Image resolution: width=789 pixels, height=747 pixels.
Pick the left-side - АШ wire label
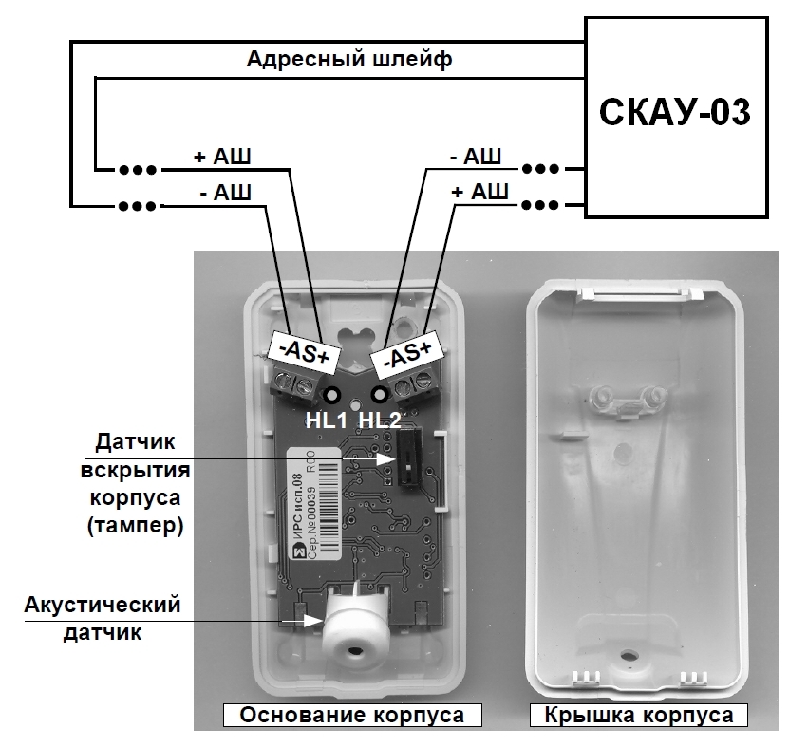coord(221,194)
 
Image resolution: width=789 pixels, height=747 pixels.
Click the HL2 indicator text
coord(382,418)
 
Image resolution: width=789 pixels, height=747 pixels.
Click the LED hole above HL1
coord(332,395)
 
